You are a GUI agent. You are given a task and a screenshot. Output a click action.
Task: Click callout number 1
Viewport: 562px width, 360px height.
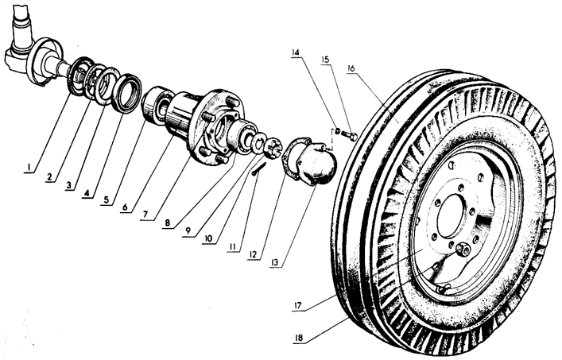pyautogui.click(x=28, y=167)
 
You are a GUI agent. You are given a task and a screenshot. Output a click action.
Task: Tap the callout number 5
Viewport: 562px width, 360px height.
pyautogui.click(x=106, y=199)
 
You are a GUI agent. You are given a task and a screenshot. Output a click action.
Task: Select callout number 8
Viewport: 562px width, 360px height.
pyautogui.click(x=168, y=223)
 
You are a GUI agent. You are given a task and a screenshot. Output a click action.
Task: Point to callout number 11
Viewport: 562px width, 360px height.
pyautogui.click(x=233, y=246)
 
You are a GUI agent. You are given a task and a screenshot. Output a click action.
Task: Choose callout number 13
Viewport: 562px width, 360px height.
pyautogui.click(x=274, y=262)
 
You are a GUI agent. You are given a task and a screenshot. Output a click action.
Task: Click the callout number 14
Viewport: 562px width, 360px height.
pyautogui.click(x=296, y=52)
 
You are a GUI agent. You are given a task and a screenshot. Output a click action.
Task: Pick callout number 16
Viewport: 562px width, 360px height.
pyautogui.click(x=351, y=68)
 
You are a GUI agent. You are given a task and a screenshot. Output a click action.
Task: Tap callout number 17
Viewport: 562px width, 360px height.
pyautogui.click(x=297, y=305)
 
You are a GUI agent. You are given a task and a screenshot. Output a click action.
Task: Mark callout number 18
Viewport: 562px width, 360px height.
pyautogui.click(x=299, y=338)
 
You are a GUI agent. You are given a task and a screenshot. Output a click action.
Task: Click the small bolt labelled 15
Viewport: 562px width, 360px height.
pyautogui.click(x=349, y=136)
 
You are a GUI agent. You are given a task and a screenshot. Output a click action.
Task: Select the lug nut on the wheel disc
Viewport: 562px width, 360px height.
pyautogui.click(x=463, y=248)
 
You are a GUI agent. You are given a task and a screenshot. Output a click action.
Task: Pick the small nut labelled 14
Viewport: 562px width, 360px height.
pyautogui.click(x=337, y=131)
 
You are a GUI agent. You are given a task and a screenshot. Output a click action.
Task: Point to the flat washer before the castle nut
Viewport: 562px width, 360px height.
pyautogui.click(x=259, y=141)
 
